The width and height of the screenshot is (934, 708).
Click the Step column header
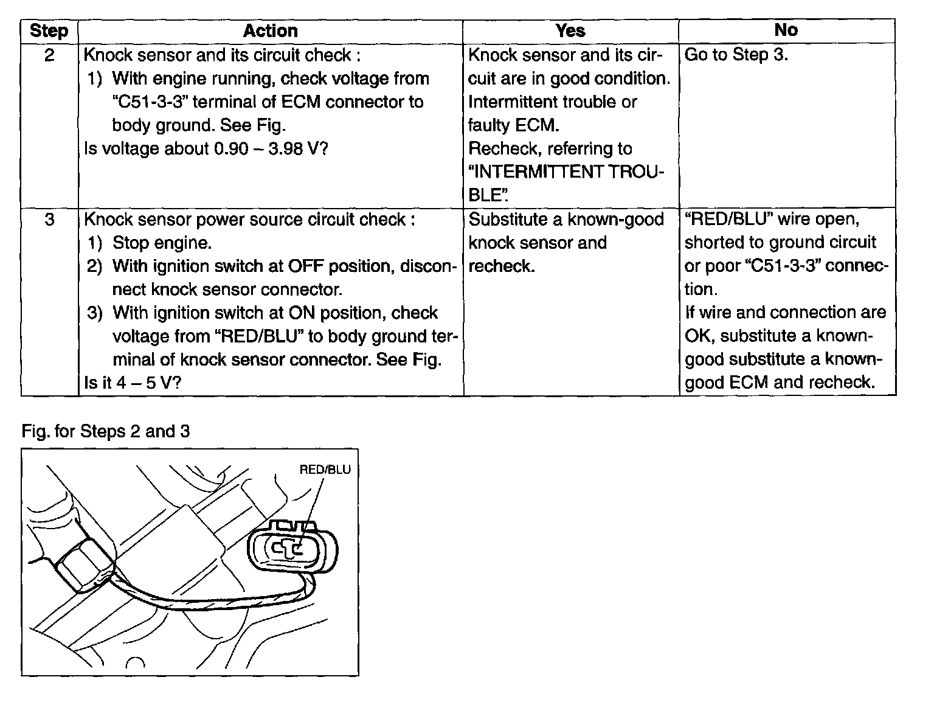click(49, 31)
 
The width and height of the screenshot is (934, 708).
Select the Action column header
click(270, 31)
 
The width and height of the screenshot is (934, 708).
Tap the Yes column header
click(570, 30)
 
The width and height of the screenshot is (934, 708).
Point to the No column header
click(786, 30)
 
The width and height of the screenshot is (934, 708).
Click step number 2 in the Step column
click(49, 55)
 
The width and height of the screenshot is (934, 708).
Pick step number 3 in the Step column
click(49, 220)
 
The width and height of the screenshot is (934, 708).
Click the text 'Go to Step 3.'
click(736, 55)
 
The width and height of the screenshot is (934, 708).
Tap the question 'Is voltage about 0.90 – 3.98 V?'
click(206, 148)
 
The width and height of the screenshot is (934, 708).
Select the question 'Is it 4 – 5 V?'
click(133, 383)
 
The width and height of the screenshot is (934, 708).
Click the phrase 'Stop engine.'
click(162, 243)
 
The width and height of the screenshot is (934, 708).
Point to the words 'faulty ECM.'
click(514, 125)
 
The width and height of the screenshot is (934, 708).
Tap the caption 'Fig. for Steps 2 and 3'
click(106, 431)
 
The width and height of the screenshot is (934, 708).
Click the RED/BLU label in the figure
click(325, 470)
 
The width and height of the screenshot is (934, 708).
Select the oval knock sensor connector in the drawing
click(292, 547)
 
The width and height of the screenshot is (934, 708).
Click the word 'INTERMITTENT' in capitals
click(539, 172)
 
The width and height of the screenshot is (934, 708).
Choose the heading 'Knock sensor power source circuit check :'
click(249, 220)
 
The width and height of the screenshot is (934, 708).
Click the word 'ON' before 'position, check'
click(302, 313)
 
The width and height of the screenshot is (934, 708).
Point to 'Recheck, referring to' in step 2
click(550, 148)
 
